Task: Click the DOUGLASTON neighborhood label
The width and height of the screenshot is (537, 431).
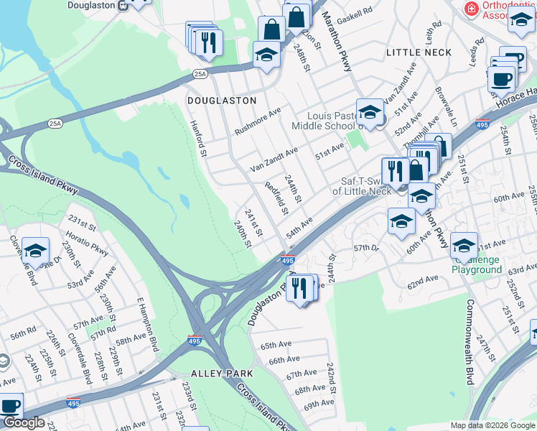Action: coord(222,101)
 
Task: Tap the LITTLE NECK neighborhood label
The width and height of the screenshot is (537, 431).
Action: coord(419,52)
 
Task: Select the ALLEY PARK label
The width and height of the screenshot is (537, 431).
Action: coord(222,374)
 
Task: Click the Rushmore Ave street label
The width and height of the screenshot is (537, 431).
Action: coord(261,119)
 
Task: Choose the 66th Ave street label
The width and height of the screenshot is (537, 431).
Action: coord(284,359)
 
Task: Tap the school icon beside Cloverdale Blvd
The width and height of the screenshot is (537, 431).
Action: coord(35,251)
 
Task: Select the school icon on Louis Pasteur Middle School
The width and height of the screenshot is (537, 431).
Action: coord(370,112)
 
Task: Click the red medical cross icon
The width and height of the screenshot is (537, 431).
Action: coord(471,9)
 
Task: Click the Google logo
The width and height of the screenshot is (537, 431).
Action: coord(24,423)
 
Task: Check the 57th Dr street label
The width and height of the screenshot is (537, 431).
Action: coord(368,249)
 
